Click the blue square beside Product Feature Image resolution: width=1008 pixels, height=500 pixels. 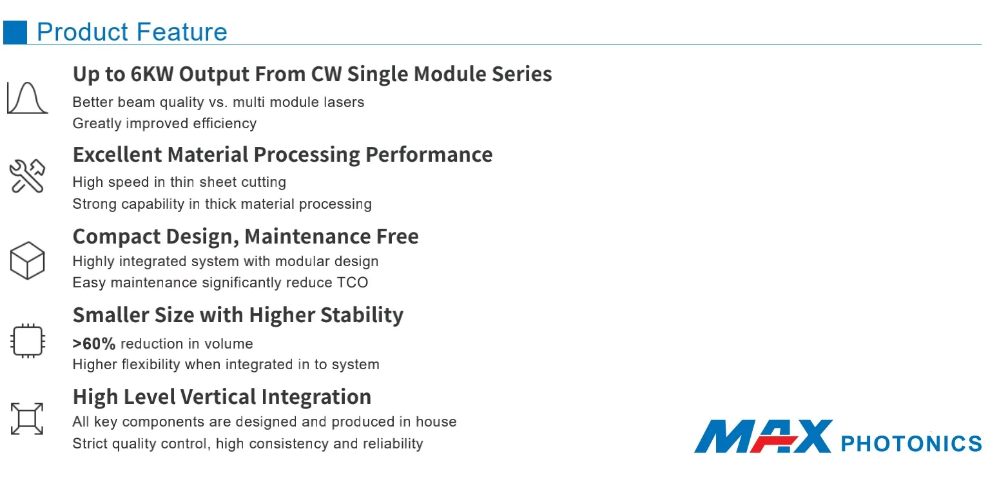(x=15, y=32)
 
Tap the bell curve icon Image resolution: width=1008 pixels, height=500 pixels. (x=28, y=98)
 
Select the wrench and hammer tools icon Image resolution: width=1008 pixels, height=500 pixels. (x=27, y=176)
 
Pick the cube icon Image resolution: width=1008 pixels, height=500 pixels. (x=28, y=260)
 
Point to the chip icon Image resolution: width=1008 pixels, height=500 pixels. (x=28, y=341)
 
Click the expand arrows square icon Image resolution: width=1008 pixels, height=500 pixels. (x=27, y=419)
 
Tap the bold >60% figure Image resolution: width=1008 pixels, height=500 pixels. (x=94, y=344)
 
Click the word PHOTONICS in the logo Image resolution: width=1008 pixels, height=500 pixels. (x=911, y=444)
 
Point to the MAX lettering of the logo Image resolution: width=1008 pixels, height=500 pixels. (x=762, y=436)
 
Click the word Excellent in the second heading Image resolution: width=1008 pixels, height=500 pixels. (x=117, y=155)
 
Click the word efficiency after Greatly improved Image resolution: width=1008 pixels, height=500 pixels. (x=224, y=124)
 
